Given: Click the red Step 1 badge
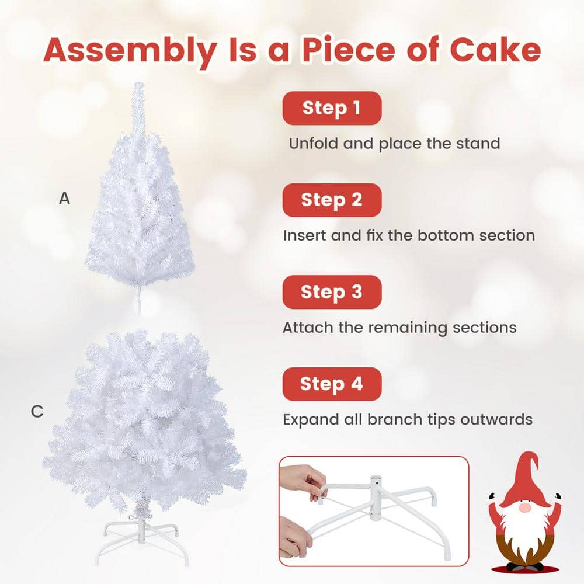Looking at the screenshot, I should coord(332,108).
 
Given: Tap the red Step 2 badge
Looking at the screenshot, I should coord(332,200).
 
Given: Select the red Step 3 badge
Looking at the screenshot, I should coord(332,292).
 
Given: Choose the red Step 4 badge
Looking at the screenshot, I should coord(332,384).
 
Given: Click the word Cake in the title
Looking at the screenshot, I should coord(495,50).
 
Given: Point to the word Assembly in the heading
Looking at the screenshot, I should coord(129,51).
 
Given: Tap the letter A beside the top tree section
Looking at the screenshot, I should coord(64,199).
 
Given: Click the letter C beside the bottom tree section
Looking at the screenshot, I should coord(37,412).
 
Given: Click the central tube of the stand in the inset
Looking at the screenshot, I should coord(377,496).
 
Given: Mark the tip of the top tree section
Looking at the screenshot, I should coord(138,88).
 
